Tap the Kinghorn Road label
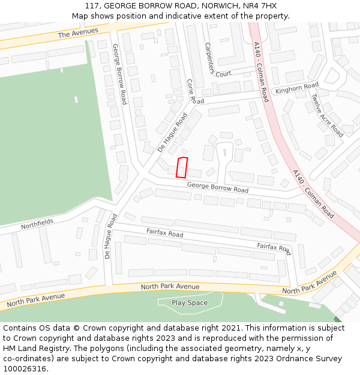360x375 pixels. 296,88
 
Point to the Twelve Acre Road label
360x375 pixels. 328,115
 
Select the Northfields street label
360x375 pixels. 37,224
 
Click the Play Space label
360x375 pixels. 190,302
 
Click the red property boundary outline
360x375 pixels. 182,167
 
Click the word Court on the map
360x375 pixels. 223,74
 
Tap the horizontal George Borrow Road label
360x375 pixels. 217,188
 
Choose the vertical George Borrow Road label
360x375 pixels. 119,74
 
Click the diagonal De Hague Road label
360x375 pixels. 172,131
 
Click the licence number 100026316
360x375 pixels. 25,369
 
